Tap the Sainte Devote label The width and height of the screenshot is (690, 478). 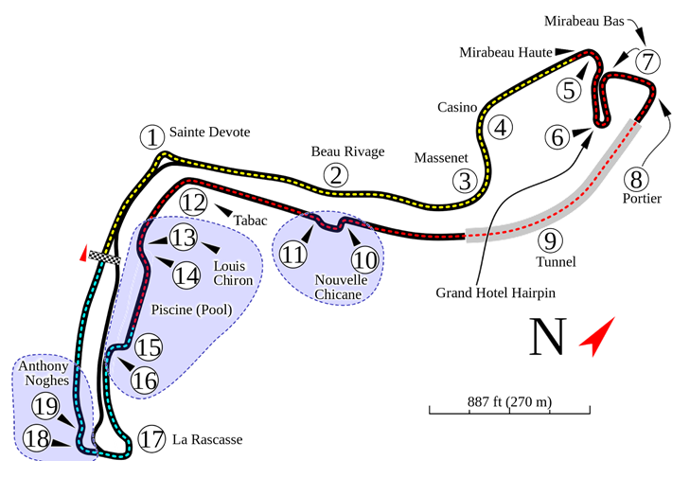coord(204,133)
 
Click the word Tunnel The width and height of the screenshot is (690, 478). coord(555,260)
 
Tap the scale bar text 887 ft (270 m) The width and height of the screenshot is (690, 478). coord(508,401)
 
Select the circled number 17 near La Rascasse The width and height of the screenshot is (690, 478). coord(151,439)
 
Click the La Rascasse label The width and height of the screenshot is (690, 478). coord(207,439)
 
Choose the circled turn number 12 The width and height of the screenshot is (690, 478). coord(193,202)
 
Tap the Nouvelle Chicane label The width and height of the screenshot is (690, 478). coord(338,287)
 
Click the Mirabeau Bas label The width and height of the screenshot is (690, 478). coord(579,21)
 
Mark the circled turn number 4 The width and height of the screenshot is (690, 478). coord(501,126)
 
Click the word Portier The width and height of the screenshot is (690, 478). coord(643,198)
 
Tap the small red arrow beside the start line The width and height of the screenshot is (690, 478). coord(84,253)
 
